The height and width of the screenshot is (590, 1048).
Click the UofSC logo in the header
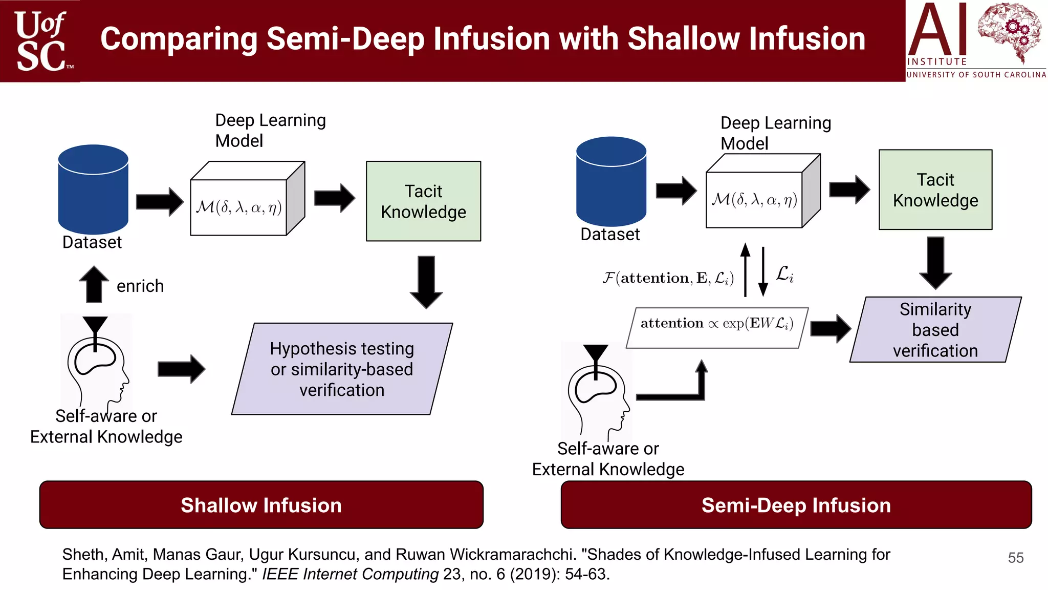(41, 41)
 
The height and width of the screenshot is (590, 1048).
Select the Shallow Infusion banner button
(261, 505)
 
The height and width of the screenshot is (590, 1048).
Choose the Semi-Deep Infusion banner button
(796, 505)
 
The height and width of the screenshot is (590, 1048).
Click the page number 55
(1015, 557)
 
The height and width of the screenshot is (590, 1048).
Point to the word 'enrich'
(140, 286)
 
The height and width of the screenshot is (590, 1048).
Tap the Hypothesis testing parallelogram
(342, 369)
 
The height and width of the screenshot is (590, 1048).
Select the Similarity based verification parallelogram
(935, 330)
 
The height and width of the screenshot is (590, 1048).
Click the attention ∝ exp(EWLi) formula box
(717, 328)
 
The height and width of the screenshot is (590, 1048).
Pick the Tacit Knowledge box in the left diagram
(423, 201)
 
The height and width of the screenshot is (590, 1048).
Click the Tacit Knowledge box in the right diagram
(935, 189)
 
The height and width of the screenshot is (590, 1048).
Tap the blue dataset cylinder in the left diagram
(93, 189)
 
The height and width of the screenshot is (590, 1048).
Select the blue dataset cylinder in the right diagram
(611, 181)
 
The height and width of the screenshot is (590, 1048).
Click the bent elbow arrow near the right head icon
(681, 389)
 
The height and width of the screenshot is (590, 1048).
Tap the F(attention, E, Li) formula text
(668, 278)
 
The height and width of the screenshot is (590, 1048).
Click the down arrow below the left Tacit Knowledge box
(426, 282)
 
